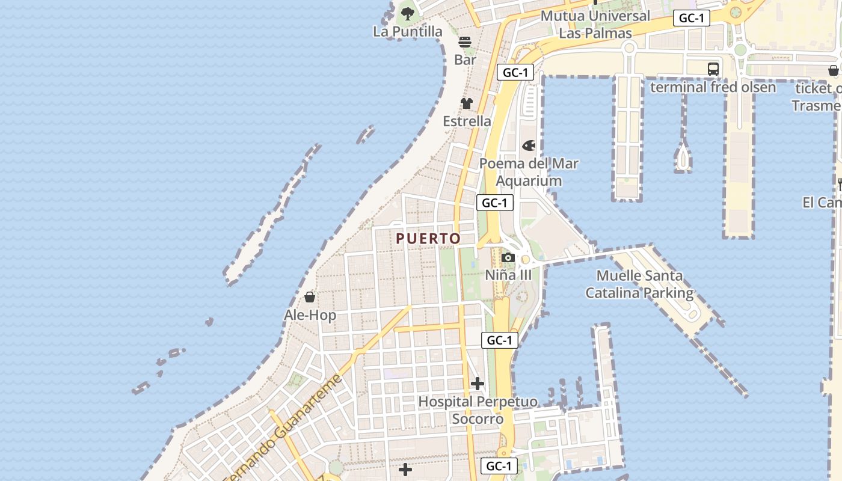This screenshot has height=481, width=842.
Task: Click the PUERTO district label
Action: (x=428, y=239)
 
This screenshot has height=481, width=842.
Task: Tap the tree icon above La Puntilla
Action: (x=408, y=13)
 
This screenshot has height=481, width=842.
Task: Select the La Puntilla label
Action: (x=407, y=31)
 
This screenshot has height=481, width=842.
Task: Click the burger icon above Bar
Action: (x=465, y=42)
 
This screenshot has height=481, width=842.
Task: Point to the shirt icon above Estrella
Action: (x=467, y=103)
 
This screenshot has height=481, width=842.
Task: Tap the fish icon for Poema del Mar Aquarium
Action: (x=529, y=146)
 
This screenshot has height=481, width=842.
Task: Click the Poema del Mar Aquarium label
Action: (x=529, y=172)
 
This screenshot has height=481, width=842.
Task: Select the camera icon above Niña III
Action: (x=508, y=258)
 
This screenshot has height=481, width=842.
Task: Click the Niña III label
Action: (x=509, y=275)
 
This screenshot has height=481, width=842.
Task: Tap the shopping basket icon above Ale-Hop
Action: (x=310, y=298)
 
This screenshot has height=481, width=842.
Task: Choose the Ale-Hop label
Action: (x=310, y=315)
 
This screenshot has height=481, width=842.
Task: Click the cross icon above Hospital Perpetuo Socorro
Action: (x=478, y=384)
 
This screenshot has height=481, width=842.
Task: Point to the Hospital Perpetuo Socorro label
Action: (x=478, y=410)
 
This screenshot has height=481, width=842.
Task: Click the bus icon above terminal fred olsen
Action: (x=713, y=69)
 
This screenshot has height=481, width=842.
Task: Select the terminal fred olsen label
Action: (x=713, y=87)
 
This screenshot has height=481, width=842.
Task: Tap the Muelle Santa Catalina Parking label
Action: (x=639, y=284)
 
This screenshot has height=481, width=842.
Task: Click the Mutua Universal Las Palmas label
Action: (x=595, y=24)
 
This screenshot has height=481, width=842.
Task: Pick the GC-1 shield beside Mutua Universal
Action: (x=692, y=18)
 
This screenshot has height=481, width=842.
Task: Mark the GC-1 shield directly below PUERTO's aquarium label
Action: (x=495, y=203)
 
